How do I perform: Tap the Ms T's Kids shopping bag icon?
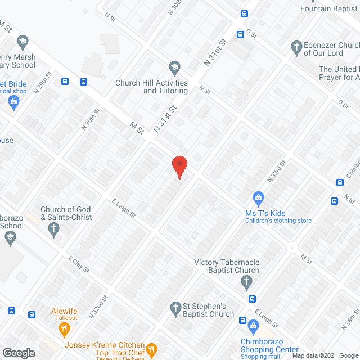coord(258,197)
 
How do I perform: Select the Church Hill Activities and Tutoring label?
coord(151,87)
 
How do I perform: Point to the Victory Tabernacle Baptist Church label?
coord(227,266)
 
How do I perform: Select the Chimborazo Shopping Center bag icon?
coord(254,325)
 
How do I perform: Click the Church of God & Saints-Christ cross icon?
coord(54,228)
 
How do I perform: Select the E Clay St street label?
coord(79,264)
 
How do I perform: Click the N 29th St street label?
coord(43,83)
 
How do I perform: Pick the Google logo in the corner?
coord(19,353)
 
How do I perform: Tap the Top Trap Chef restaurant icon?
coord(150,350)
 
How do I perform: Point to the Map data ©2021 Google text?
coord(328,354)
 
